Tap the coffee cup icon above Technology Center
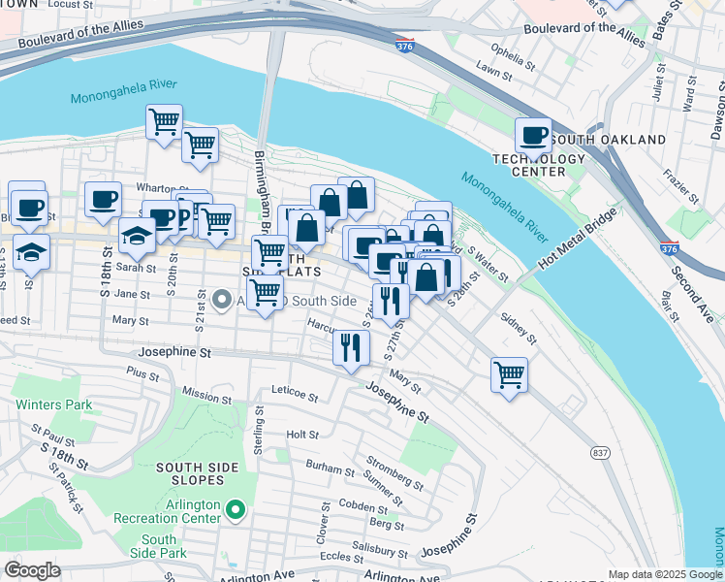coord(532,134)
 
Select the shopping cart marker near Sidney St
coord(509,373)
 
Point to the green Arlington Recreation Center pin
coord(234,509)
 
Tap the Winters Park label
coord(52,404)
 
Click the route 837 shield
coord(600,453)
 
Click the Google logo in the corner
coord(32,570)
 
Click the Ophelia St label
coord(512,49)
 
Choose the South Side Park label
coord(158,546)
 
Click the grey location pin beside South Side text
coord(222,300)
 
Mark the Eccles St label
coord(340,557)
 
